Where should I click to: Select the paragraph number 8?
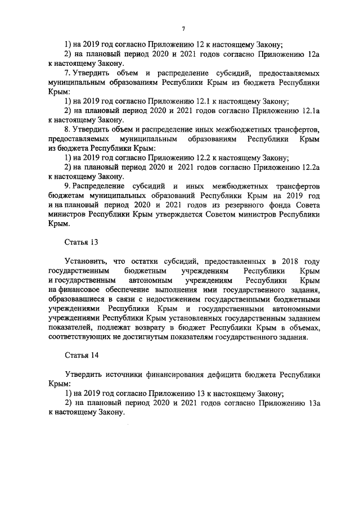click(67, 130)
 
